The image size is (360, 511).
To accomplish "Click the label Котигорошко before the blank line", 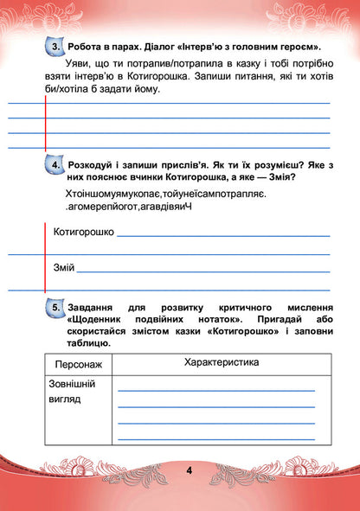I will [83, 232].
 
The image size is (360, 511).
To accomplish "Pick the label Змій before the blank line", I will [64, 267].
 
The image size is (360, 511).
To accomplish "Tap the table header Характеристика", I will [222, 362].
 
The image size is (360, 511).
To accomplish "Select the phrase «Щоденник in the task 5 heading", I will [98, 320].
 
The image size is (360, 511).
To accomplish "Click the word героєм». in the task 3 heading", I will [297, 46].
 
